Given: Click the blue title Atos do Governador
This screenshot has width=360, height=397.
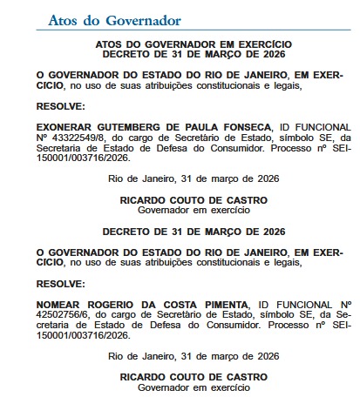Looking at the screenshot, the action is [x=114, y=19].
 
